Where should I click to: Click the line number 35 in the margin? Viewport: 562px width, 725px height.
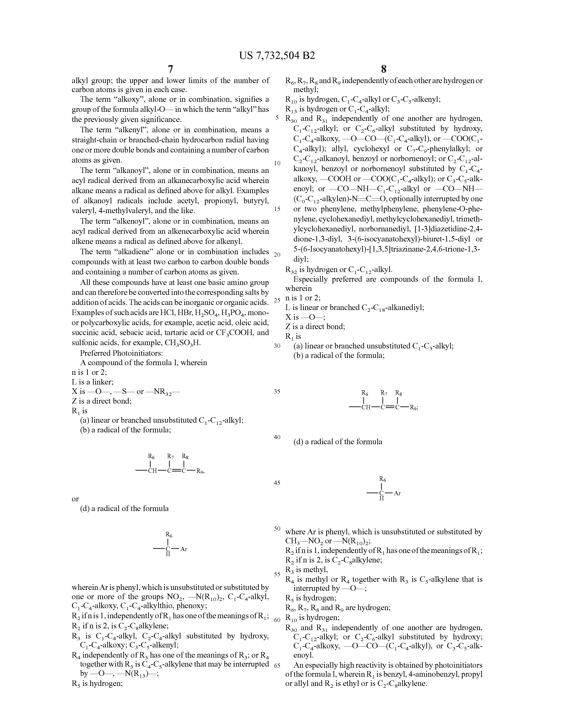tap(277, 391)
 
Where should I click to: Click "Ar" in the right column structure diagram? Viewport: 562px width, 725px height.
tap(397, 493)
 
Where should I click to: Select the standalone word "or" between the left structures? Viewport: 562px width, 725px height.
tap(75, 499)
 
